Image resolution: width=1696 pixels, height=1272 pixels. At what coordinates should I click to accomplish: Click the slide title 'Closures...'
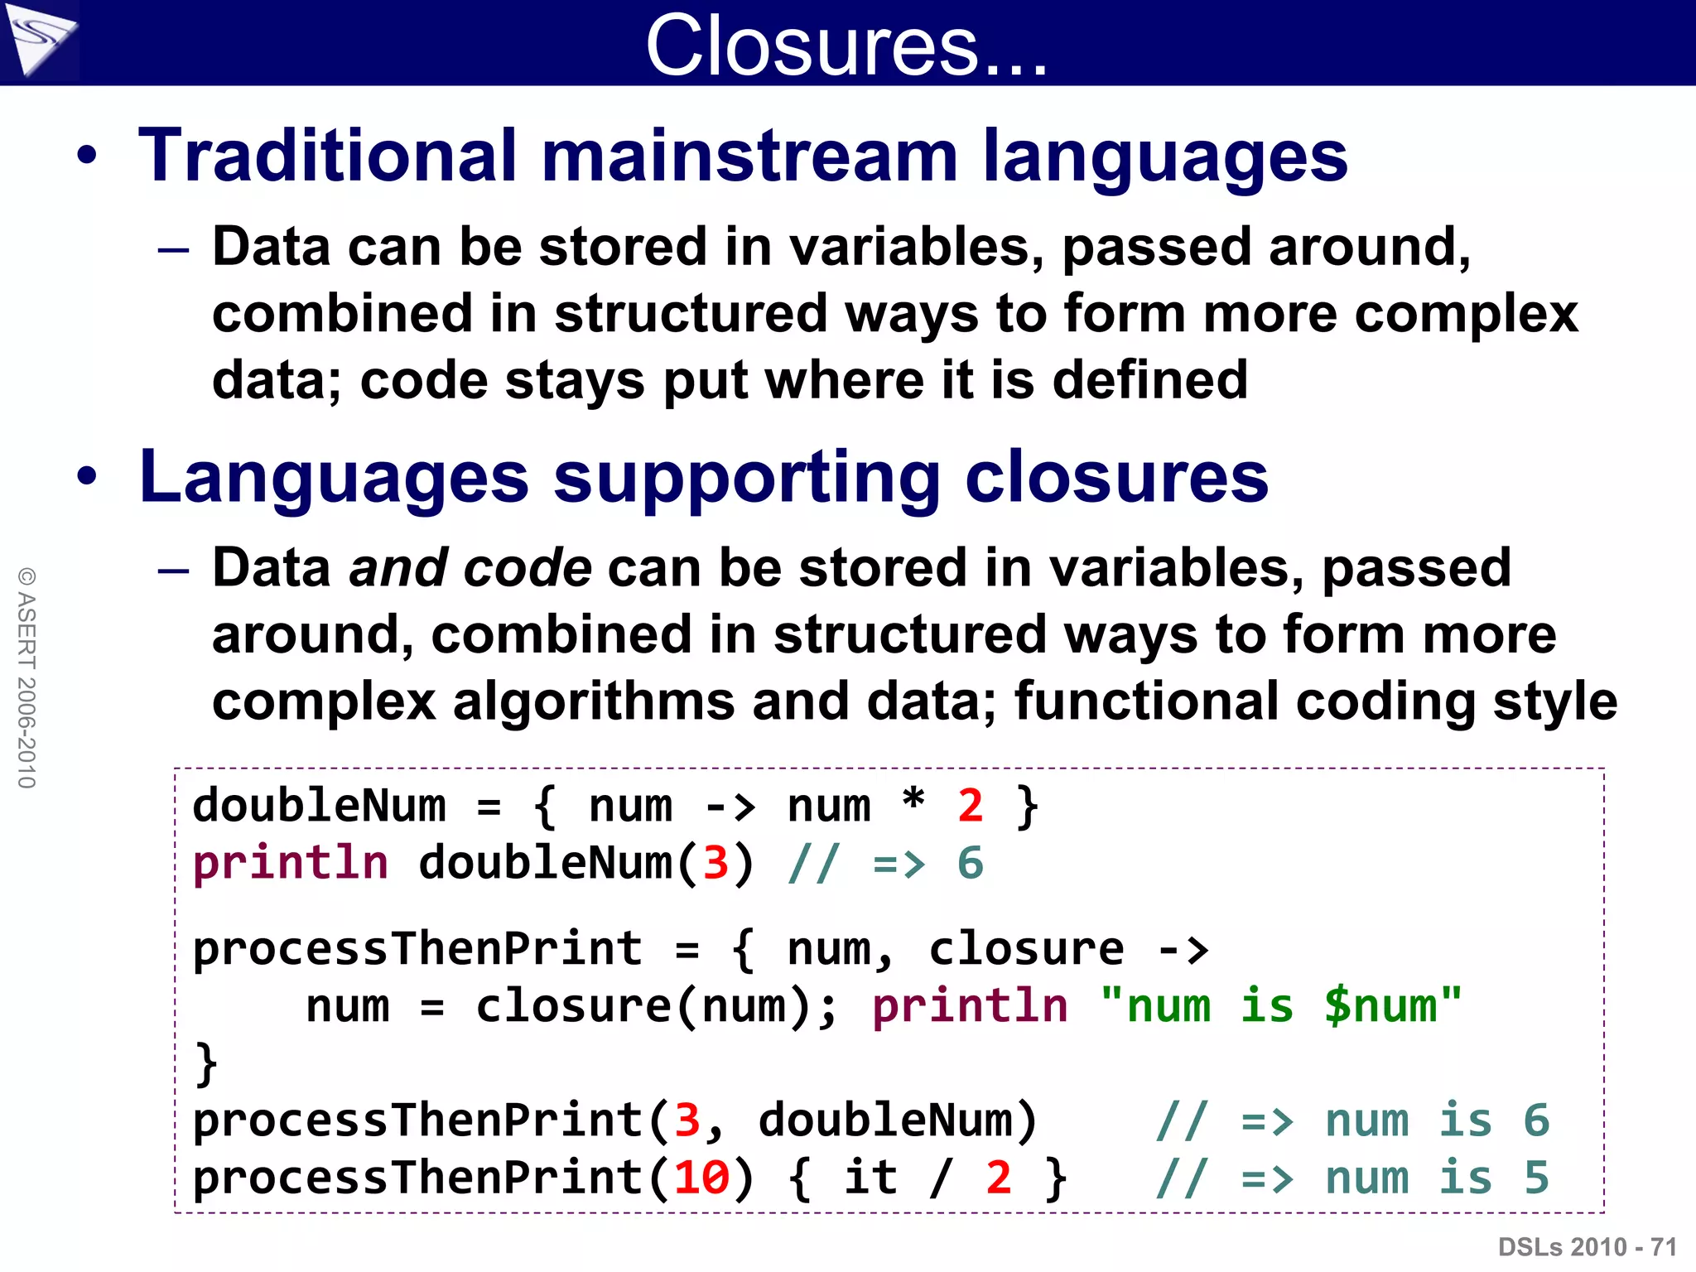coord(846,46)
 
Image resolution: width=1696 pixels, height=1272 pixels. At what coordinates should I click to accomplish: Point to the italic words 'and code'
coord(470,568)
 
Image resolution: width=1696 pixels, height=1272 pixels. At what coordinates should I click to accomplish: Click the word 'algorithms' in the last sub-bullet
coord(593,701)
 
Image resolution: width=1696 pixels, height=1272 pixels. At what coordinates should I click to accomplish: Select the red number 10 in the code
coord(701,1177)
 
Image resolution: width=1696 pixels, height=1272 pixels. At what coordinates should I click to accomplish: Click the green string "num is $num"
coord(1280,1006)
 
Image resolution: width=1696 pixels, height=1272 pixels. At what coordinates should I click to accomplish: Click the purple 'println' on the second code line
coord(290,864)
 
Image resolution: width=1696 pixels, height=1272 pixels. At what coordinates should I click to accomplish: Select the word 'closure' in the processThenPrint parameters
coord(1025,949)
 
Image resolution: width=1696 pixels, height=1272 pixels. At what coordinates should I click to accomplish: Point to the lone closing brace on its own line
coord(206,1062)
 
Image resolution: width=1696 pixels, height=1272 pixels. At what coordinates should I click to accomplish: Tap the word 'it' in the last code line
coord(870,1177)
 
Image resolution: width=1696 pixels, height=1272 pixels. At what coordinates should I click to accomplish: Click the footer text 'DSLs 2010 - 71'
coord(1587,1246)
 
